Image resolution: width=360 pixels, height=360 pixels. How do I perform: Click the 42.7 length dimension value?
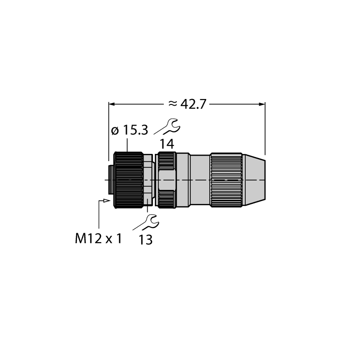click(x=193, y=104)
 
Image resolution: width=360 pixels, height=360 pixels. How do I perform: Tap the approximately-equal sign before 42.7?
click(x=173, y=104)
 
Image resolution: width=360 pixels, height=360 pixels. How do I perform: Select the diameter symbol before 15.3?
click(x=115, y=131)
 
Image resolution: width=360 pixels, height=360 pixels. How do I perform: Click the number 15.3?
click(x=136, y=130)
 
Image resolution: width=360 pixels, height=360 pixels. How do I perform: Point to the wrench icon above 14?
click(x=167, y=126)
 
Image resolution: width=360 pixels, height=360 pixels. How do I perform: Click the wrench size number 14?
click(x=167, y=144)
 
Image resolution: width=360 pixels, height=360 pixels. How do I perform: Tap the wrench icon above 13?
click(x=146, y=222)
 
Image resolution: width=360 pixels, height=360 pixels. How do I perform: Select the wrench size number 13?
click(x=145, y=240)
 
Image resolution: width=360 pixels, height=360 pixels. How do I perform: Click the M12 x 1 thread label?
click(x=98, y=238)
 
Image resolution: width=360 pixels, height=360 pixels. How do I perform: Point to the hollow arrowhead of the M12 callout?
click(x=106, y=201)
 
